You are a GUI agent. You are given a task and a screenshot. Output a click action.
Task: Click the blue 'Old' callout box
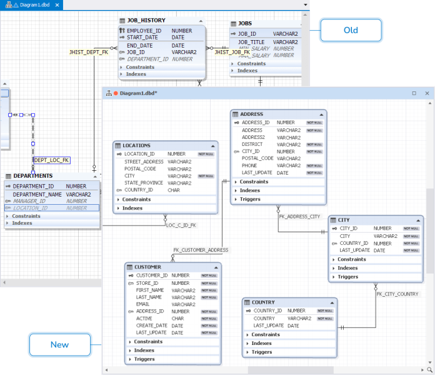[x=351, y=30]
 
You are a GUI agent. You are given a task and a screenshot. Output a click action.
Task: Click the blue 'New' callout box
[x=59, y=345]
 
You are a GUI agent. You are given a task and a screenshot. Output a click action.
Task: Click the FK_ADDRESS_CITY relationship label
[x=299, y=216]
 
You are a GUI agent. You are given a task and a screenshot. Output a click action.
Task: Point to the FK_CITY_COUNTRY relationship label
[x=397, y=294]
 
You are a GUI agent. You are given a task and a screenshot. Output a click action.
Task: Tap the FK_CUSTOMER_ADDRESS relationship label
[x=201, y=250]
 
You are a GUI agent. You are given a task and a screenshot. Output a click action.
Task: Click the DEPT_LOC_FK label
[x=52, y=160]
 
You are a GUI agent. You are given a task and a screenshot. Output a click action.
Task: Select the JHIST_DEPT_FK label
[x=89, y=53]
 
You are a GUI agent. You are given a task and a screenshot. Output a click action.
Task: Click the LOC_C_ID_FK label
[x=181, y=224]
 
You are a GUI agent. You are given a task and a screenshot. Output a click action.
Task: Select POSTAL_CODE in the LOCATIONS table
[x=140, y=168]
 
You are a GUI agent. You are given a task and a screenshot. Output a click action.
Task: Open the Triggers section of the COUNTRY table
[x=263, y=352]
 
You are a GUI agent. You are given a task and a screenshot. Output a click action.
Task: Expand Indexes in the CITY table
[x=347, y=268]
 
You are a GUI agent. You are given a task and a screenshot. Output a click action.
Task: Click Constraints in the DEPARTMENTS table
[x=26, y=216]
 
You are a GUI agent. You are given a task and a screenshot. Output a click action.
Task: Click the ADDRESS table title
[x=252, y=114]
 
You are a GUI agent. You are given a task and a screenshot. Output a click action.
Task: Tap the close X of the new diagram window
[x=427, y=93]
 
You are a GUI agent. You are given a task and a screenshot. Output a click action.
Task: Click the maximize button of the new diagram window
[x=414, y=93]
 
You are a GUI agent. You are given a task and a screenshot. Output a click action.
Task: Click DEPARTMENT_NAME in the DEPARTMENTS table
[x=37, y=194]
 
